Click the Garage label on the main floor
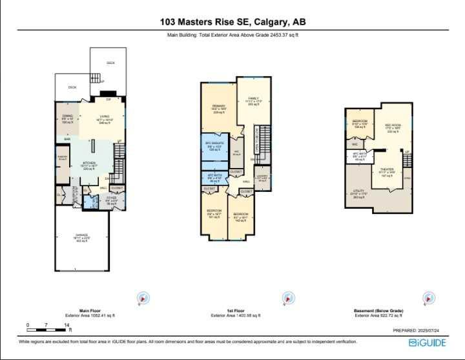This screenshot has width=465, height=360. pos(81,237)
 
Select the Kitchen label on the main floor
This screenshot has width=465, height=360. pos(89,165)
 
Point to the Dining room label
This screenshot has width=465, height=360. pos(67,119)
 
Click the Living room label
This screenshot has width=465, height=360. pos(104,118)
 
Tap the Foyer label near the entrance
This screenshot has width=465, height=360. pos(111,200)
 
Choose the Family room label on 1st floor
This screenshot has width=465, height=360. pos(253,100)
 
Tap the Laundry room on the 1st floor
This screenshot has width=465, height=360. pos(262,178)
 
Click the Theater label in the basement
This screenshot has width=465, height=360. pos(386,173)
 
